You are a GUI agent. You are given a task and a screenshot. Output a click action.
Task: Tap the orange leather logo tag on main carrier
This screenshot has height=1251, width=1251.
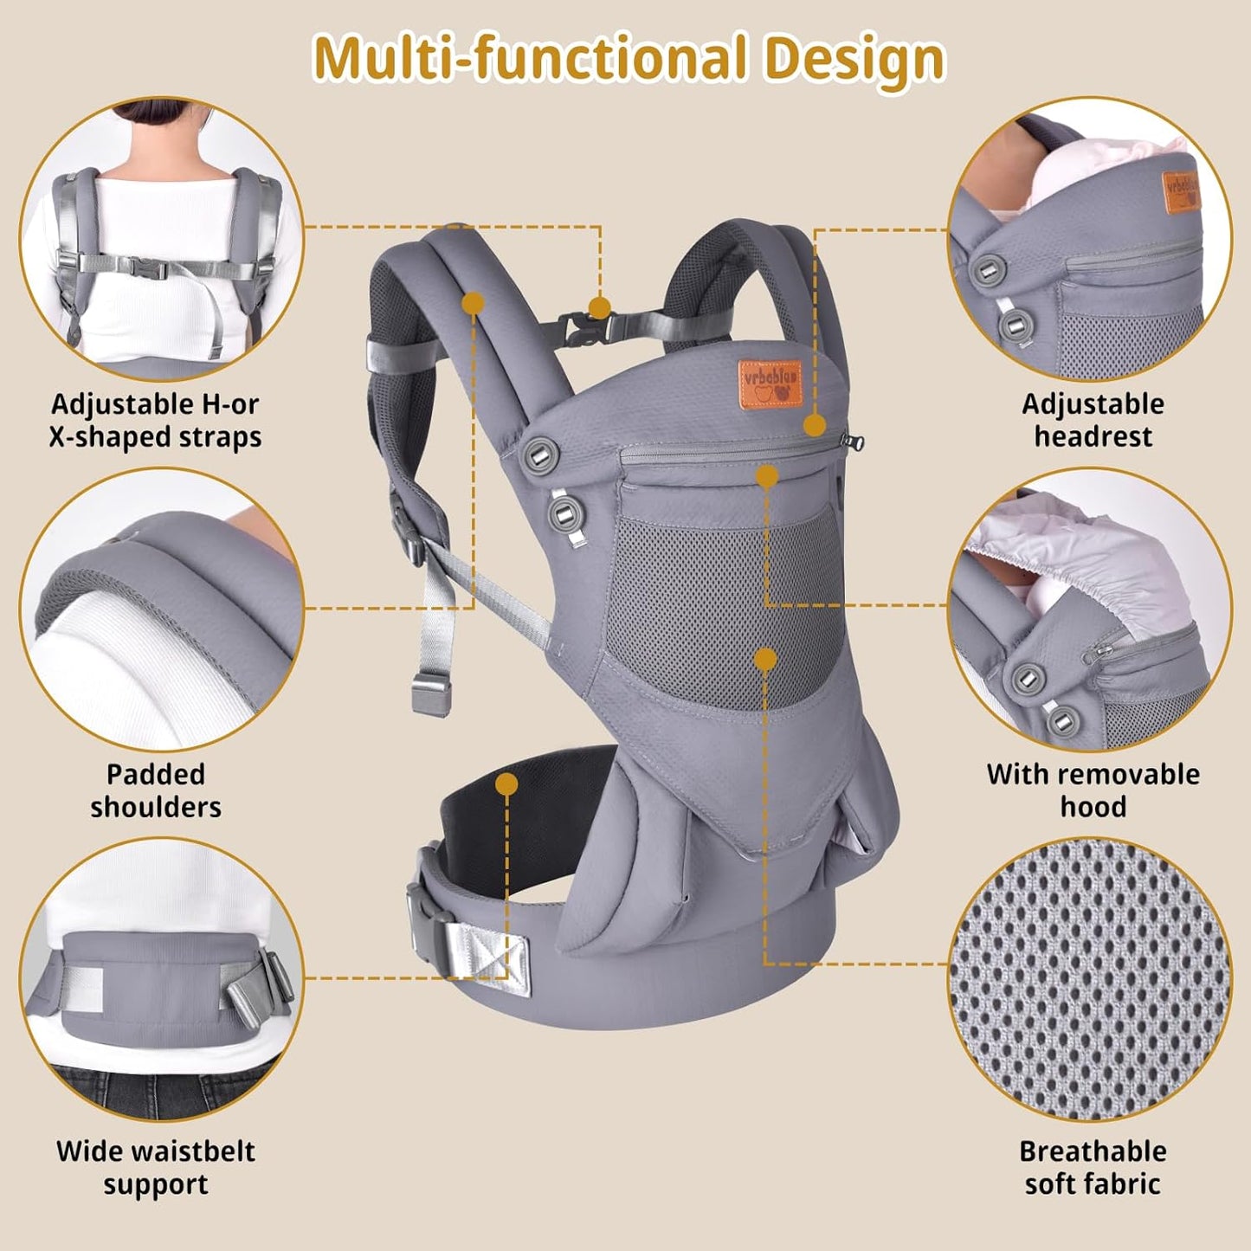pos(770,383)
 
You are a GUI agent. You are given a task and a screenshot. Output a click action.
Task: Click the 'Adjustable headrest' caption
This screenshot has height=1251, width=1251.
pos(1093,420)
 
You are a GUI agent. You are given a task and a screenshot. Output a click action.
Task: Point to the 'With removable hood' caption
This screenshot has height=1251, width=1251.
pos(1093,790)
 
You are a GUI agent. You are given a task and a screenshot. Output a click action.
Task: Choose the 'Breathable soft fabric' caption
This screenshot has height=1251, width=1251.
pos(1093,1167)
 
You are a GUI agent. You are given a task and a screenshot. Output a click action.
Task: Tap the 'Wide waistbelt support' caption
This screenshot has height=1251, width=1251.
pos(156,1167)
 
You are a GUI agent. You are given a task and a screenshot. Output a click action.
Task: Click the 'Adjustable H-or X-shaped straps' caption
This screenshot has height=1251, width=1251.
pos(156,420)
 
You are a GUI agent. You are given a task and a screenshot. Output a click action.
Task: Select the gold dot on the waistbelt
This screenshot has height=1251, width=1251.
pos(507,784)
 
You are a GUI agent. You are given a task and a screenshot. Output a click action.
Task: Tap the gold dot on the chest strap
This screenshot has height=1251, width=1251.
pos(599,306)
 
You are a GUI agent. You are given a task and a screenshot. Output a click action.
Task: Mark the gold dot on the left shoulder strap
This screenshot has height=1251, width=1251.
pos(473,302)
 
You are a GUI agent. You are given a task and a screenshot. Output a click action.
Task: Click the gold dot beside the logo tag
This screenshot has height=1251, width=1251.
pos(814,425)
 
